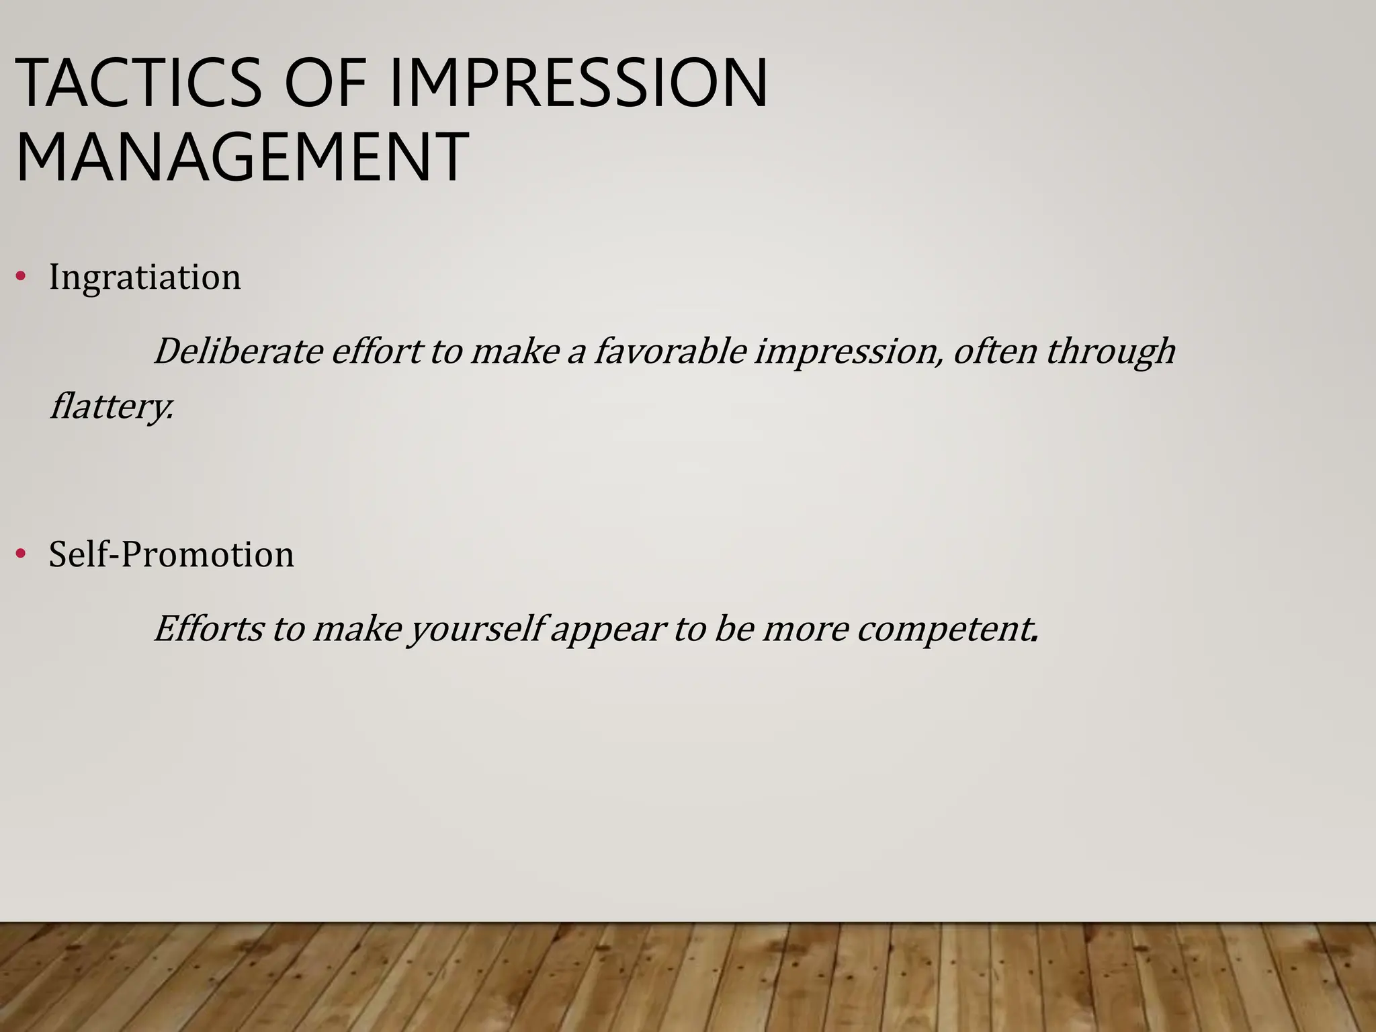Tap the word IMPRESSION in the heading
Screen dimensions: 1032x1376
(x=578, y=84)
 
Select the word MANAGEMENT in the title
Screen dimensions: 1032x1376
(x=241, y=159)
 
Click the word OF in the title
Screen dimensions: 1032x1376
(x=325, y=84)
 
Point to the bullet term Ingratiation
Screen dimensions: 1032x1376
(x=144, y=277)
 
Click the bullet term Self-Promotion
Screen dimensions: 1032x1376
(x=171, y=555)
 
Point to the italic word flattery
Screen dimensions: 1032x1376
(x=112, y=406)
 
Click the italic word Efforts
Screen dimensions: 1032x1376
(x=208, y=629)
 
